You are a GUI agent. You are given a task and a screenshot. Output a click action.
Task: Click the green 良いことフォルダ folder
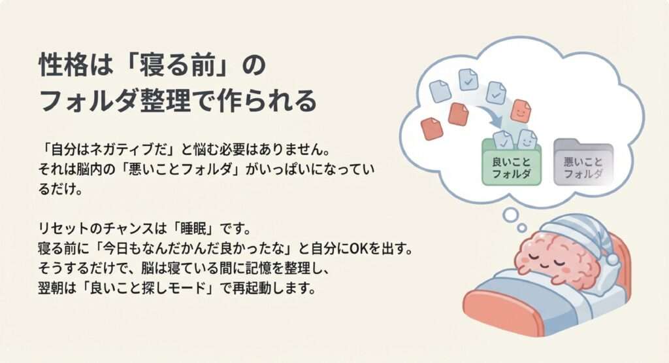(x=511, y=164)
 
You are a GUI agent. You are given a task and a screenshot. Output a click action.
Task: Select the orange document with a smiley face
(x=521, y=111)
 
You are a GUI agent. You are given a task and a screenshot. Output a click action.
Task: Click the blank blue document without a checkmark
(x=440, y=91)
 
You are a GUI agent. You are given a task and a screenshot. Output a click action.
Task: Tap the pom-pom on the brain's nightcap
(x=612, y=259)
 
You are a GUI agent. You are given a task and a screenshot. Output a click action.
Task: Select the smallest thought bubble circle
(x=522, y=228)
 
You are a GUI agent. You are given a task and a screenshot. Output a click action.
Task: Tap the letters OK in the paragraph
(x=359, y=248)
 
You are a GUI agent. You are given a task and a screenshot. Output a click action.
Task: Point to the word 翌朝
(x=52, y=288)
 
